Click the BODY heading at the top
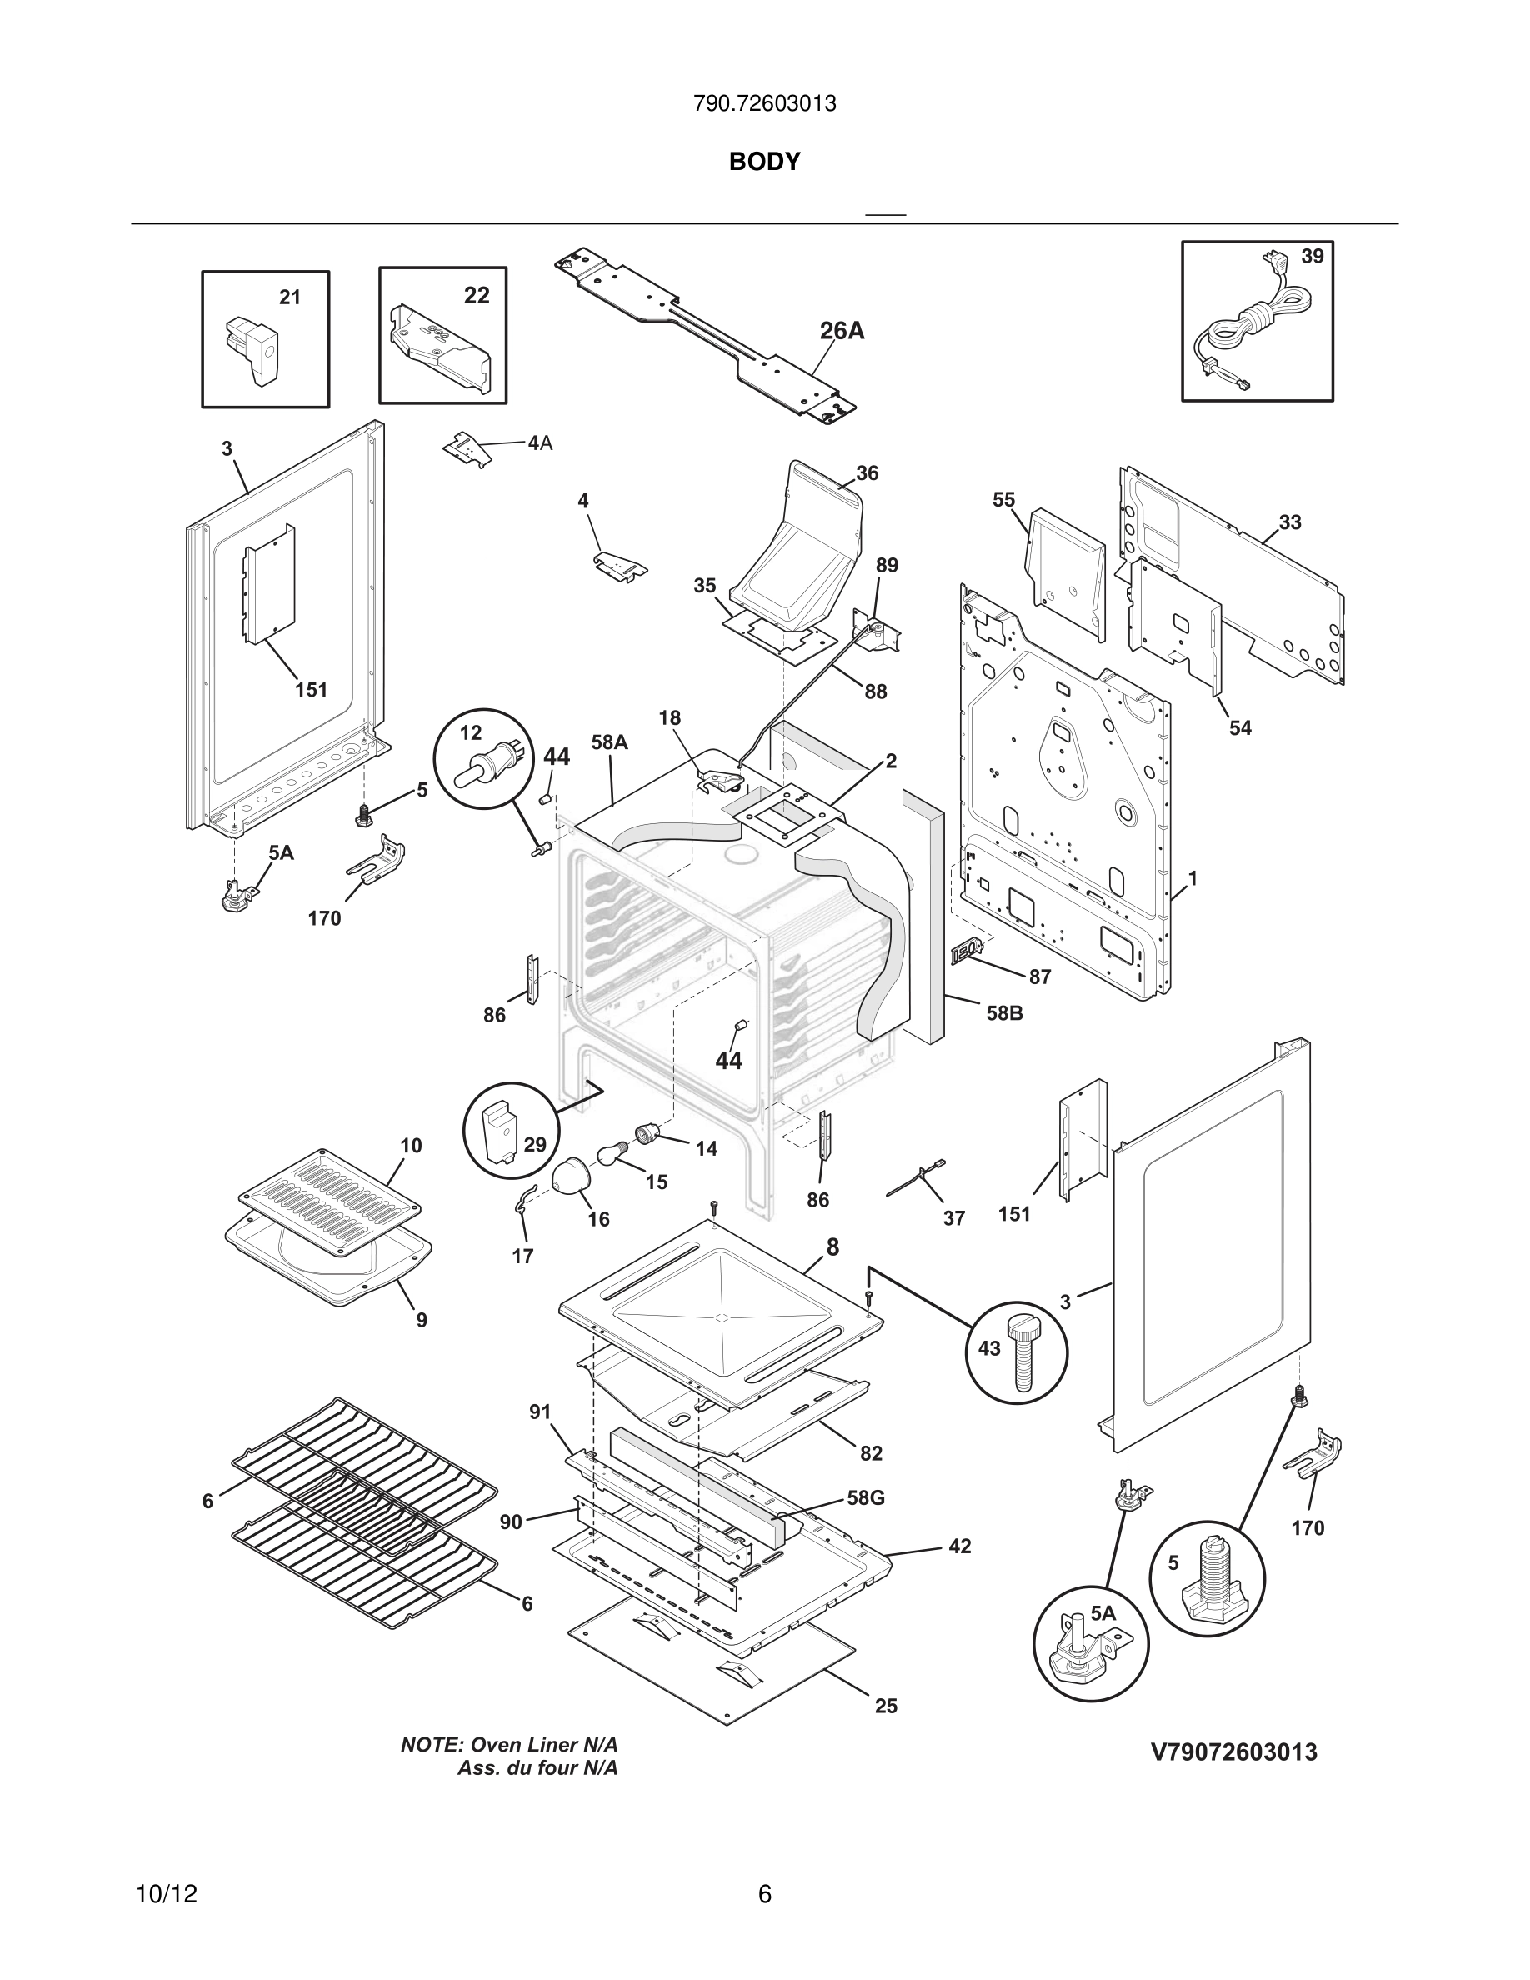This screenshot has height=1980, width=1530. pyautogui.click(x=764, y=162)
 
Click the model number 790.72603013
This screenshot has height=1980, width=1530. pyautogui.click(x=764, y=104)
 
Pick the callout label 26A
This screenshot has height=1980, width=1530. pyautogui.click(x=841, y=332)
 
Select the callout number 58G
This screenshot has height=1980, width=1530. pyautogui.click(x=866, y=1497)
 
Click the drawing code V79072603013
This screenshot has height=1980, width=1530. pyautogui.click(x=1233, y=1752)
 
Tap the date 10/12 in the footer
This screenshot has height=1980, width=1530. pyautogui.click(x=166, y=1894)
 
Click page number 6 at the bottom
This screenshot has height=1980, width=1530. pyautogui.click(x=764, y=1894)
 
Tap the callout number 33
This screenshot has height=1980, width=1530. pyautogui.click(x=1290, y=522)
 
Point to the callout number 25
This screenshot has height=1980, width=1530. pyautogui.click(x=886, y=1706)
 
